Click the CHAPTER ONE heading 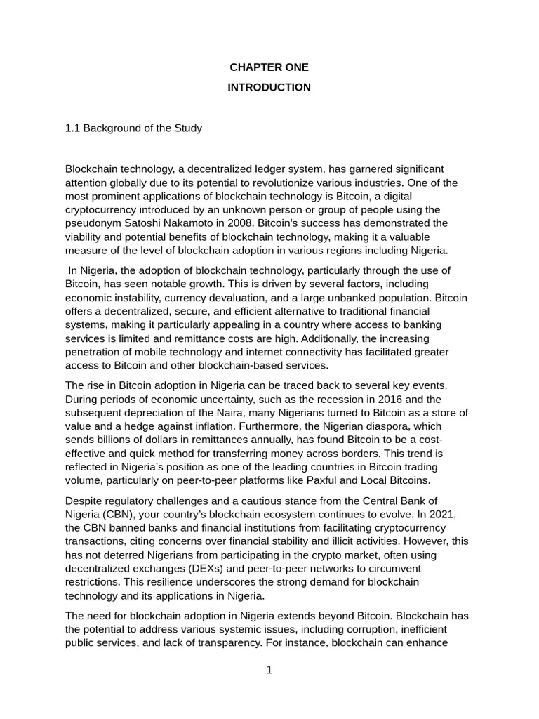(269, 67)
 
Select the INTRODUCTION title (269, 87)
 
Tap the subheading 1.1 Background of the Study (133, 128)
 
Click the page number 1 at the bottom (269, 671)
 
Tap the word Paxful (334, 480)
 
